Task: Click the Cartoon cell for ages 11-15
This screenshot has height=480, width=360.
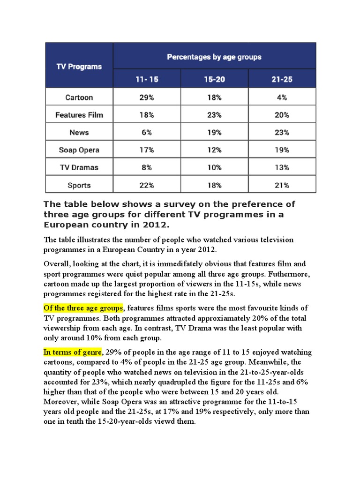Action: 147,97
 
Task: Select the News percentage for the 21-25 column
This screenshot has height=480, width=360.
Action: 282,133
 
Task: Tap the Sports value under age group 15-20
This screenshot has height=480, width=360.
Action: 214,185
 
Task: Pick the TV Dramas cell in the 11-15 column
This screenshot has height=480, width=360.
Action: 147,167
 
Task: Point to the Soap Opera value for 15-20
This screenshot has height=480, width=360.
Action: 214,150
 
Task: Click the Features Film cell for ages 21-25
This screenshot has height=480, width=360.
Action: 282,115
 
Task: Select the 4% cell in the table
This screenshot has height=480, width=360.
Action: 282,97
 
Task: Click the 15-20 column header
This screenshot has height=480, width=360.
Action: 214,79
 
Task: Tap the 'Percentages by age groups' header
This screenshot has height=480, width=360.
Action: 214,57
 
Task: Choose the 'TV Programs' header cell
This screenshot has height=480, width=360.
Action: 79,67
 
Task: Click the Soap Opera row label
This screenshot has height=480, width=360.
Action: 79,150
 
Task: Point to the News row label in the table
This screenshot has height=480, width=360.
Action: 79,133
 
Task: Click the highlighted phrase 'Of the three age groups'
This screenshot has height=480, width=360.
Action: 83,307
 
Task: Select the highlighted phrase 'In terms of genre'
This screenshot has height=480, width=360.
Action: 72,352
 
